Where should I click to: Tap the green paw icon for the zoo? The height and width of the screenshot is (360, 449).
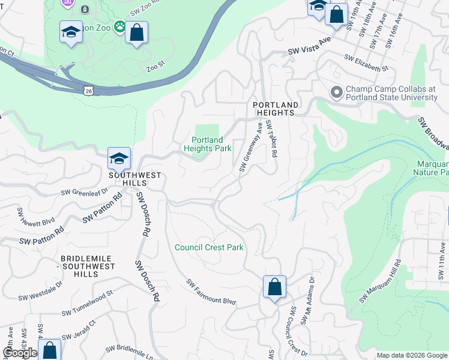(x=120, y=26)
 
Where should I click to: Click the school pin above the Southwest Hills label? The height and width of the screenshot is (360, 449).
(x=119, y=158)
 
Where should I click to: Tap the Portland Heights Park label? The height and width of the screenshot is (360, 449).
(x=207, y=144)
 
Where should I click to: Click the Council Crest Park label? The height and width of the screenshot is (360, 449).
(x=209, y=247)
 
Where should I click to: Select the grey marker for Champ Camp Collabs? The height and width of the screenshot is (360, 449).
(x=337, y=92)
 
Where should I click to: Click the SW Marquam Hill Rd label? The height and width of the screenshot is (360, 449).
(x=380, y=281)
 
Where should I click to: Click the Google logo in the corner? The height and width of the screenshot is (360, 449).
(x=20, y=353)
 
